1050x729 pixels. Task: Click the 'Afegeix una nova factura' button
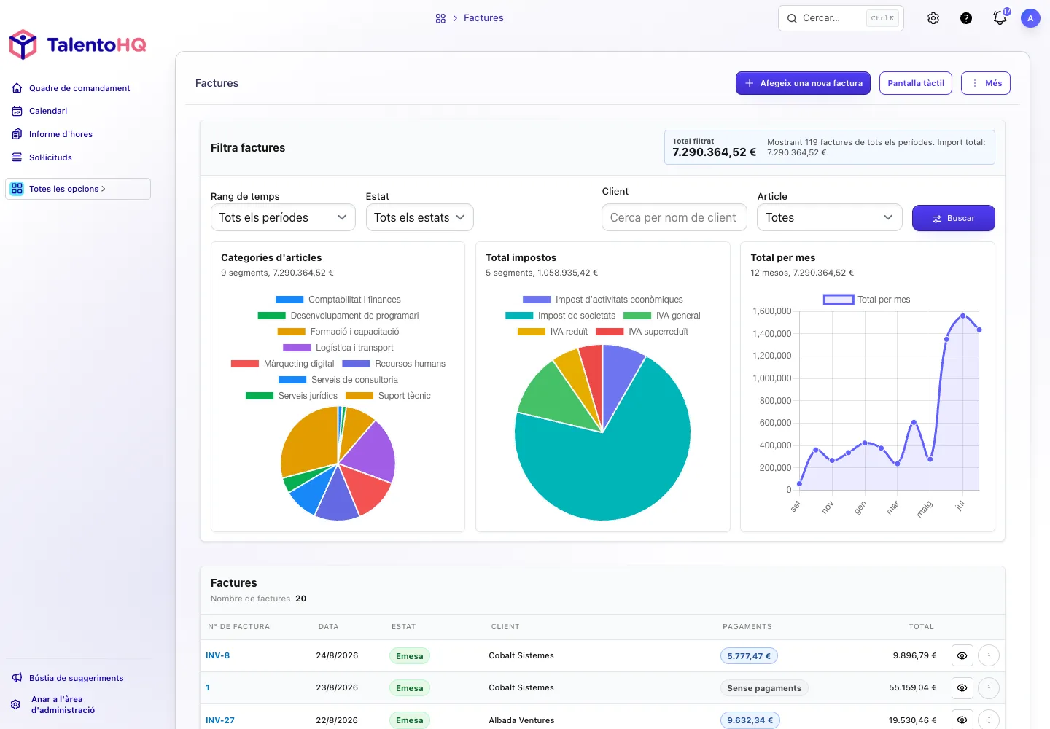coord(803,83)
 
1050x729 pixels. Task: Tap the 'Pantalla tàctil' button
coord(916,83)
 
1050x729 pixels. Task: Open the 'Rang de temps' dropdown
coord(283,217)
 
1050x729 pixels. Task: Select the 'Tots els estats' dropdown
coord(419,217)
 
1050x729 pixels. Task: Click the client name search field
coord(674,217)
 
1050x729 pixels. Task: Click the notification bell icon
coord(1000,17)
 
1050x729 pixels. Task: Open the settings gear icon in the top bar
coord(933,18)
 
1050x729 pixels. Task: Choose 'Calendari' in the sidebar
coord(48,111)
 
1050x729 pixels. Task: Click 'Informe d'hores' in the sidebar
coord(61,134)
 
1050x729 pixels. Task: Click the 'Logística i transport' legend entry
coord(338,348)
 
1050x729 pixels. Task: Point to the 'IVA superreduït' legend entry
coord(642,332)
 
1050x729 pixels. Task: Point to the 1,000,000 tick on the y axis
coord(771,378)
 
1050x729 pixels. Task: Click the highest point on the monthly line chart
coord(962,316)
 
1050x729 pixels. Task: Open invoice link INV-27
coord(220,720)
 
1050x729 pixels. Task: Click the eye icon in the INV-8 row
coord(962,655)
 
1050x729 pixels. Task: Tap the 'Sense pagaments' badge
coord(763,687)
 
